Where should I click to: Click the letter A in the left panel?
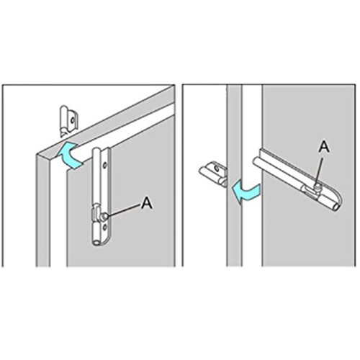point(147,203)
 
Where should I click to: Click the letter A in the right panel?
point(324,146)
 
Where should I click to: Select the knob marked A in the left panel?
point(104,216)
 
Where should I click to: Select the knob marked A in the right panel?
point(318,185)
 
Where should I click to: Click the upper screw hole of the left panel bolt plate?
point(105,165)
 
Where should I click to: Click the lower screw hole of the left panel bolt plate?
point(105,227)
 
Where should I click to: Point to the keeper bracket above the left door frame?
point(68,122)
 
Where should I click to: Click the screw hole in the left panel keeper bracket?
point(72,120)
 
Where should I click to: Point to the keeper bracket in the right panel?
point(212,174)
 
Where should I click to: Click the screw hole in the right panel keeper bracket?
point(217,168)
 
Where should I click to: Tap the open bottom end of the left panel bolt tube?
point(96,243)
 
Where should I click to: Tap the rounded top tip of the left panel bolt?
point(97,149)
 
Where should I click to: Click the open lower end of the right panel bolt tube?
point(336,207)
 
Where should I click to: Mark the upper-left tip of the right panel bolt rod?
point(256,161)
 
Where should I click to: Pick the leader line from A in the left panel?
point(125,210)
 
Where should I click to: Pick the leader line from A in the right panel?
point(320,168)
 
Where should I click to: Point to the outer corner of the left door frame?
point(37,153)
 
